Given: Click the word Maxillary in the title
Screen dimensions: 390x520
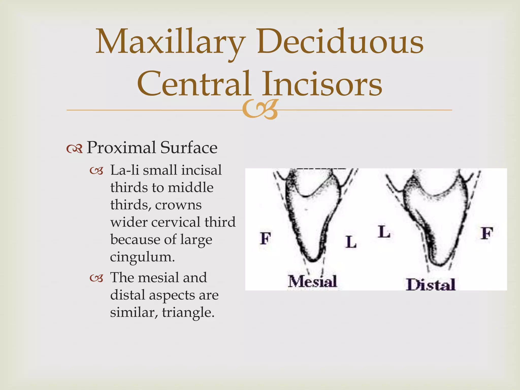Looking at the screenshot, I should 170,42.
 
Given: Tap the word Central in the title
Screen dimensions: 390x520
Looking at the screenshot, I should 194,84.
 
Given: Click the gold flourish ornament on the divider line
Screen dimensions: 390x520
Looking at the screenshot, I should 259,110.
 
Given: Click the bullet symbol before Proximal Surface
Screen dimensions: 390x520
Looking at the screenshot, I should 74,149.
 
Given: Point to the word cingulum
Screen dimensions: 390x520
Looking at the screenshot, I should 142,257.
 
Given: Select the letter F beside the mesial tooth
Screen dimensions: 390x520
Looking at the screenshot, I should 266,238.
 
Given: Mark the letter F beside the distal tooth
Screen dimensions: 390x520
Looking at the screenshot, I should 487,234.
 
